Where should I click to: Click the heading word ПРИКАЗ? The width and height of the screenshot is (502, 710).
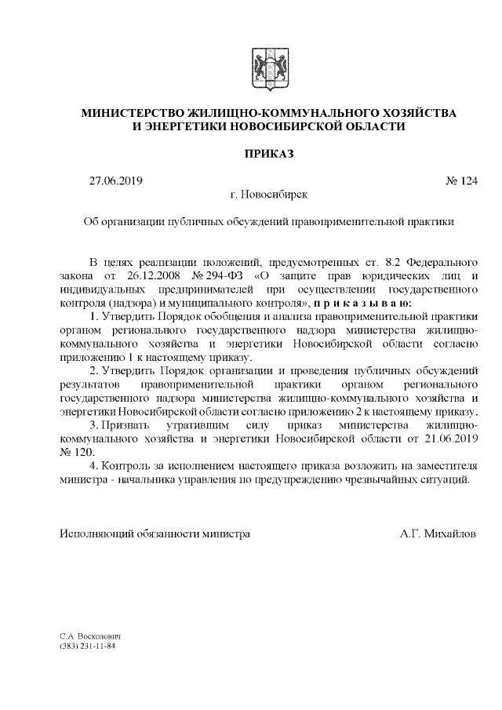(269, 154)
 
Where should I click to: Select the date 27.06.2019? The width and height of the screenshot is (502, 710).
(116, 181)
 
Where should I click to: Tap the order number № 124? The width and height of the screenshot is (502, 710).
(461, 181)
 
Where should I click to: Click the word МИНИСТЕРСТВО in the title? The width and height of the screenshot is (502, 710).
(140, 114)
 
